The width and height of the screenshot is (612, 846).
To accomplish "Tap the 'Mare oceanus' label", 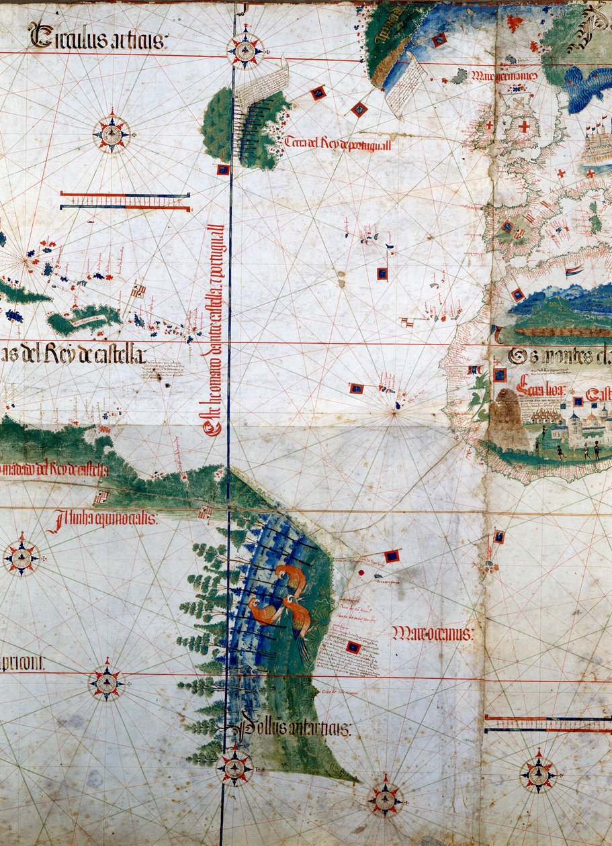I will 432,632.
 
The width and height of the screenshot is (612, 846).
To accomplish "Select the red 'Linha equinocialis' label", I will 102,518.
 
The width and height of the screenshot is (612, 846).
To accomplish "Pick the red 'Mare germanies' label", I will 504,76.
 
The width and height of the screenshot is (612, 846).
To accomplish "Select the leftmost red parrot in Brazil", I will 262,610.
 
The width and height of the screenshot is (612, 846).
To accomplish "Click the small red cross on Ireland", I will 488,125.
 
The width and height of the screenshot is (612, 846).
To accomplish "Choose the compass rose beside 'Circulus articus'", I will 245,49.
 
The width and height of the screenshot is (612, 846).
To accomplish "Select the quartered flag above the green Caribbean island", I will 139,290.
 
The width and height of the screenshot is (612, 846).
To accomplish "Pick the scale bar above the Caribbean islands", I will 125,200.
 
